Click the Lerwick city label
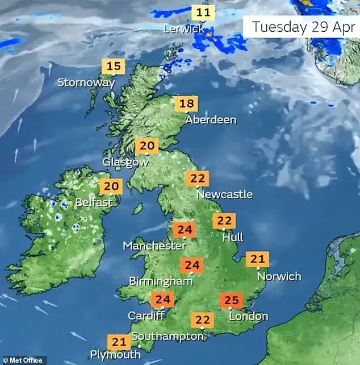tap(183, 28)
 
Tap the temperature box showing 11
tap(203, 13)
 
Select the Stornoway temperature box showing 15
tap(114, 67)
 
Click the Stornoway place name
tap(86, 82)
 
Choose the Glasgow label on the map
tap(125, 162)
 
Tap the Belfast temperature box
tap(111, 186)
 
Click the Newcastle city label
tap(224, 194)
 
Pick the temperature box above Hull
tap(225, 221)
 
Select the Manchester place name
tap(155, 246)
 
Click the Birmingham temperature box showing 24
tap(192, 266)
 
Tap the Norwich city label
tap(279, 276)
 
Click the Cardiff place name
tap(146, 316)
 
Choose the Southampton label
tap(168, 337)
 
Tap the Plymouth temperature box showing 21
tap(119, 342)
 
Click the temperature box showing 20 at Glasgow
tap(146, 146)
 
